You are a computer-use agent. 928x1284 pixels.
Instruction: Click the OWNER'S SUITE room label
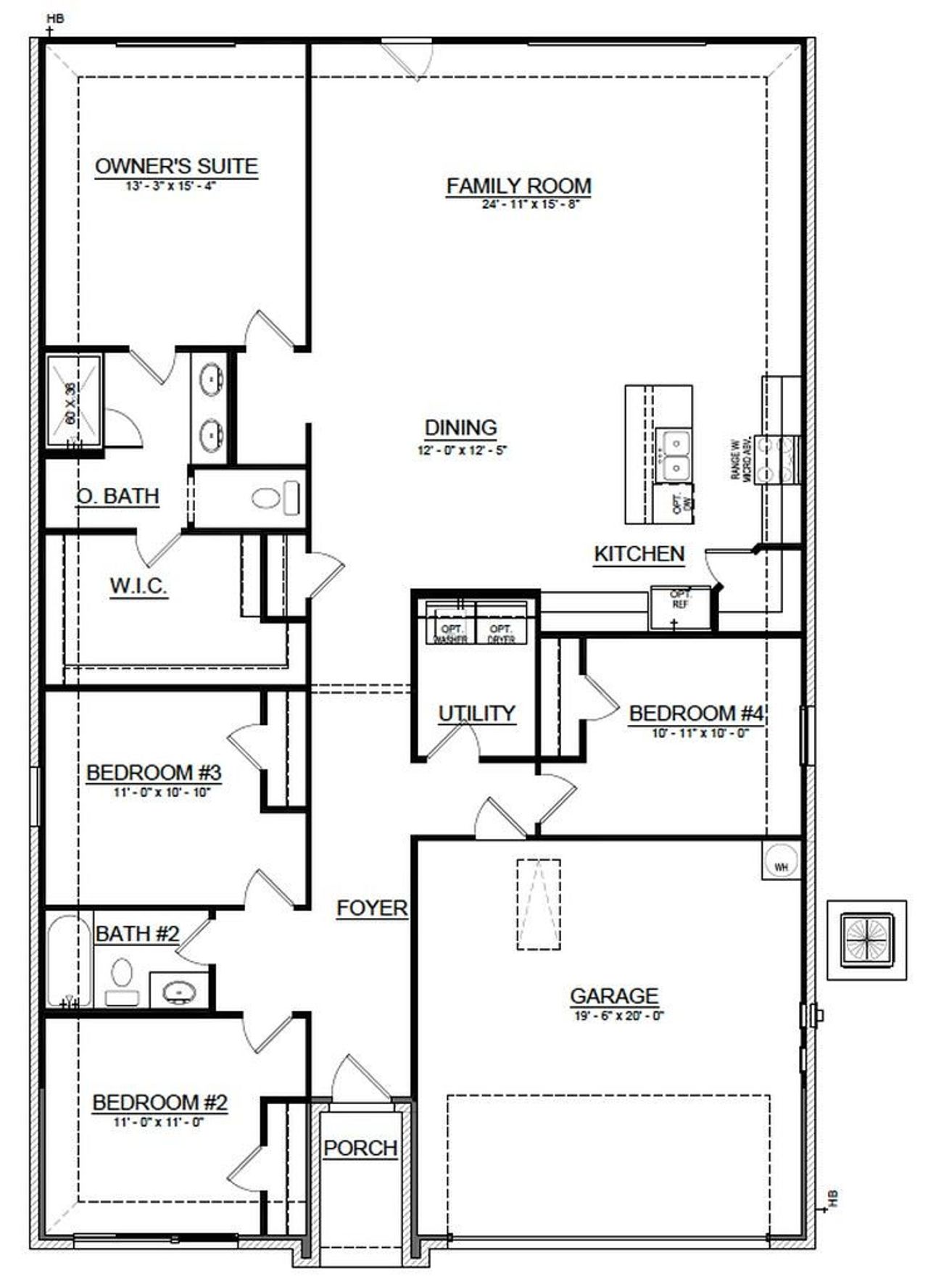(x=176, y=166)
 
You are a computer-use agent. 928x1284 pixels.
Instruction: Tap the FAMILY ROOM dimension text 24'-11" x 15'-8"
(x=531, y=204)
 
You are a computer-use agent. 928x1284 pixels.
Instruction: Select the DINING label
(x=461, y=428)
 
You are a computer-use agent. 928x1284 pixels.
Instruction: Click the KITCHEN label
(x=639, y=554)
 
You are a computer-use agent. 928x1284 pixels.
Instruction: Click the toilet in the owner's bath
(x=275, y=498)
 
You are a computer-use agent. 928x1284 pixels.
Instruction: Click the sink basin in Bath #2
(x=178, y=990)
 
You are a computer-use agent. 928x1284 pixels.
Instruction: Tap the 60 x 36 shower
(x=74, y=402)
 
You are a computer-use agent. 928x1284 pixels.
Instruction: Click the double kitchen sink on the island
(x=674, y=455)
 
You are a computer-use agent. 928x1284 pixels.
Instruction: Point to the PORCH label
(x=360, y=1148)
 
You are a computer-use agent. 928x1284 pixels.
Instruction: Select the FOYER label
(x=372, y=908)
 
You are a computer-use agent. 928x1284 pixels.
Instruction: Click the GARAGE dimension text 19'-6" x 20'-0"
(x=617, y=1016)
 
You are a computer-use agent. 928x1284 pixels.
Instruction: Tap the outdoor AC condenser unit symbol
(x=866, y=940)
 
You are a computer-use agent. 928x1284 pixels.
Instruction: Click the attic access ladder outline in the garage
(x=539, y=904)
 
